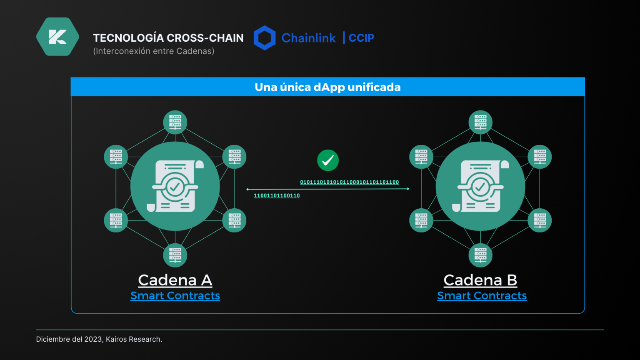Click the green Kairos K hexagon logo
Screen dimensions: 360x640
tap(57, 37)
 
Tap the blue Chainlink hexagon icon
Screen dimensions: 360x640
tap(265, 38)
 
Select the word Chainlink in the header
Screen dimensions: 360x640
tap(308, 38)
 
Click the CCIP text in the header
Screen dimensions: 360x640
tap(361, 38)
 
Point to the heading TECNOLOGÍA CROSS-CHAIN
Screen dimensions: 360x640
tap(168, 38)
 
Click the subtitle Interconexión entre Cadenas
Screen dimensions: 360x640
tap(154, 51)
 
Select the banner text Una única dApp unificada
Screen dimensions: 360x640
tap(327, 87)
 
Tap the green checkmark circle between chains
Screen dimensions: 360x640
tap(328, 160)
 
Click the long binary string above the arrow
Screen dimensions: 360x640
tap(349, 182)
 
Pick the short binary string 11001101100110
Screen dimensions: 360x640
tap(277, 195)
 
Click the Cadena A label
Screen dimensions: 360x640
tap(175, 280)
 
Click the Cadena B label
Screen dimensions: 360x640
tap(480, 280)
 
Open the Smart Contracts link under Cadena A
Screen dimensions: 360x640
tap(175, 296)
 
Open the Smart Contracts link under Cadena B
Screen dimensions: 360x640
tap(482, 296)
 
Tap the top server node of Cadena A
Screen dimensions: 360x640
tap(175, 122)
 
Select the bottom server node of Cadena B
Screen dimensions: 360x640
tap(480, 255)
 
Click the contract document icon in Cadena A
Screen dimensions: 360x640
tap(175, 186)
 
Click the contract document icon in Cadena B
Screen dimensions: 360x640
tap(480, 186)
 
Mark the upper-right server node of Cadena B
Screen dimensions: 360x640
tap(540, 157)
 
